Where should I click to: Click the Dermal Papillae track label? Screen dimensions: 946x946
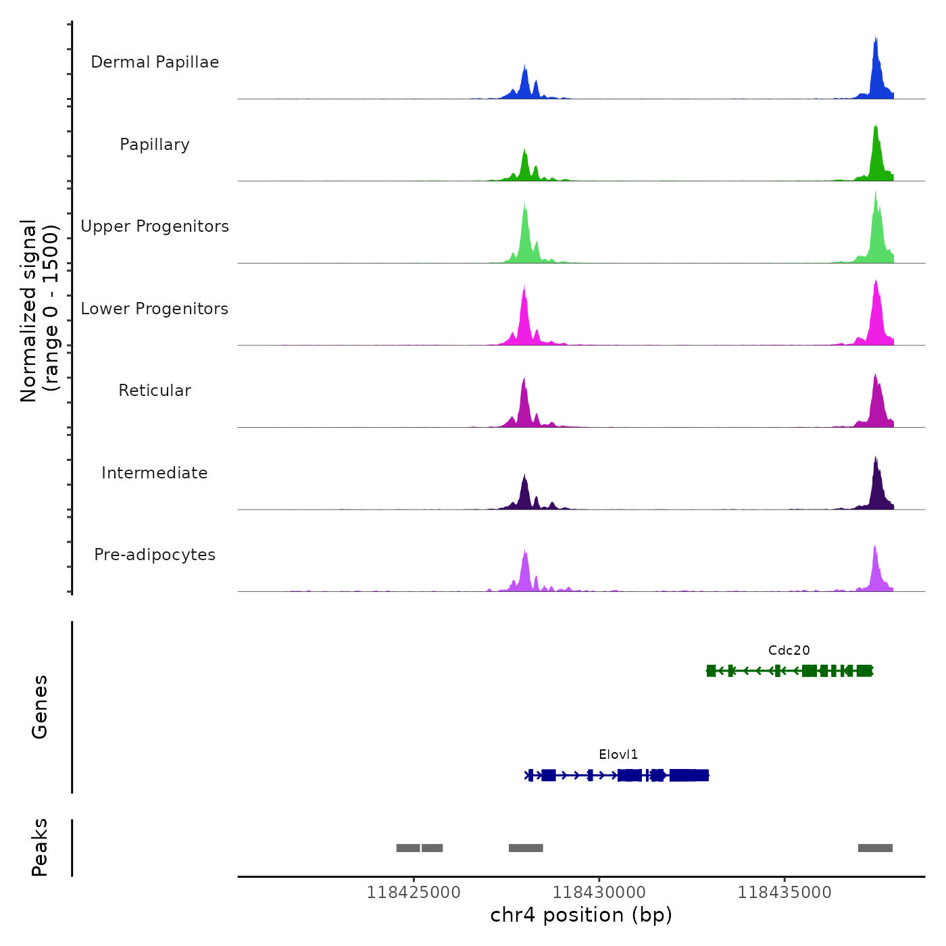click(x=155, y=62)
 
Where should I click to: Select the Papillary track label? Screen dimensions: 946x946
click(x=155, y=145)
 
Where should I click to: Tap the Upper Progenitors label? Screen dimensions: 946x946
click(x=155, y=226)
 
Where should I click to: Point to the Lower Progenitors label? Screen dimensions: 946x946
click(x=155, y=309)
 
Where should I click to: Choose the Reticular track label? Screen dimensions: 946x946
click(x=155, y=391)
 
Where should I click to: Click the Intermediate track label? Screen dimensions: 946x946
click(x=155, y=473)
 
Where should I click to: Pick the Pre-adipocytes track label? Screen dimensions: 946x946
click(x=155, y=555)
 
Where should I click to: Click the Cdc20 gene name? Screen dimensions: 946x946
click(x=789, y=650)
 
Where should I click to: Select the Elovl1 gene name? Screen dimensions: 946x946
click(x=618, y=754)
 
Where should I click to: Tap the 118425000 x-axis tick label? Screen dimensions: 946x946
click(x=414, y=892)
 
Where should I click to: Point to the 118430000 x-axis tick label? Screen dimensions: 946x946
click(x=599, y=892)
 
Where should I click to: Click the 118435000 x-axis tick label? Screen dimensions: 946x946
click(x=785, y=892)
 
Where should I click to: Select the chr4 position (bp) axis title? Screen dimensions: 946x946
click(x=581, y=915)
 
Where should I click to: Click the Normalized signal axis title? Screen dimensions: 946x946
click(x=39, y=311)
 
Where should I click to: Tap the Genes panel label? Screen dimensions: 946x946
click(x=40, y=707)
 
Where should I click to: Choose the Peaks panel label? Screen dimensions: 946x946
click(x=40, y=847)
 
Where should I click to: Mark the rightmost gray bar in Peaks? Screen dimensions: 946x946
click(x=875, y=848)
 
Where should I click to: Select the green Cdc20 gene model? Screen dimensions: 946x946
click(x=789, y=670)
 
